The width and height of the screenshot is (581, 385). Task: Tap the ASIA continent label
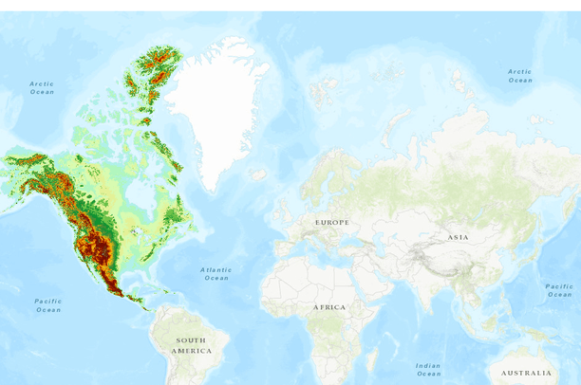click(458, 237)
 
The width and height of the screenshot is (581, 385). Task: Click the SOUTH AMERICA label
click(191, 345)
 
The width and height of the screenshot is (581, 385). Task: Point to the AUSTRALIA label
click(526, 373)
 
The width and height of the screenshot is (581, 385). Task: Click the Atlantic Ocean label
click(216, 273)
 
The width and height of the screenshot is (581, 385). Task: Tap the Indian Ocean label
click(428, 369)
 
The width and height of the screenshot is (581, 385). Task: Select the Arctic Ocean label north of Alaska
click(42, 87)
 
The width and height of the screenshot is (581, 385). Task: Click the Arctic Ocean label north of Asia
click(519, 75)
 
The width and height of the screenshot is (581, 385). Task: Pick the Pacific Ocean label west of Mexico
click(48, 305)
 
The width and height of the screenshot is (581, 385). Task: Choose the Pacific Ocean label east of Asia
click(559, 290)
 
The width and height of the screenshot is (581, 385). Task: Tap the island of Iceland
click(258, 174)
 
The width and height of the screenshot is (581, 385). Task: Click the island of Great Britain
click(290, 207)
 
